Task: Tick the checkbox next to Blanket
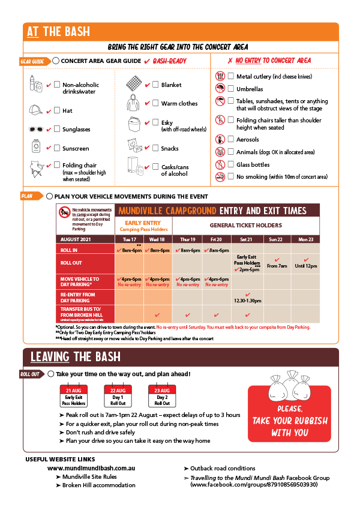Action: [x=155, y=85]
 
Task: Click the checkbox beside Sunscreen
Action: [x=57, y=148]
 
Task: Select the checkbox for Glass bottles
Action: [x=230, y=164]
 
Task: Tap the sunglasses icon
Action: [x=36, y=129]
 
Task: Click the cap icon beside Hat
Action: [x=36, y=110]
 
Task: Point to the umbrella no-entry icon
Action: [x=220, y=89]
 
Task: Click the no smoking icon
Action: [x=220, y=176]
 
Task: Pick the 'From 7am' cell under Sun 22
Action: [x=277, y=263]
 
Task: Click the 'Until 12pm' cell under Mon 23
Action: [x=306, y=263]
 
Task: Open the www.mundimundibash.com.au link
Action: [x=91, y=468]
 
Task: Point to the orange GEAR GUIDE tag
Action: [x=33, y=61]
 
